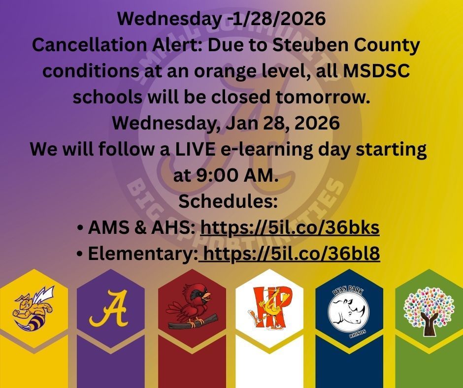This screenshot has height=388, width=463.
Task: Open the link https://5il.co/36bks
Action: (x=290, y=228)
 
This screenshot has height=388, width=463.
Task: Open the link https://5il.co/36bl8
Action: (x=291, y=254)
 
